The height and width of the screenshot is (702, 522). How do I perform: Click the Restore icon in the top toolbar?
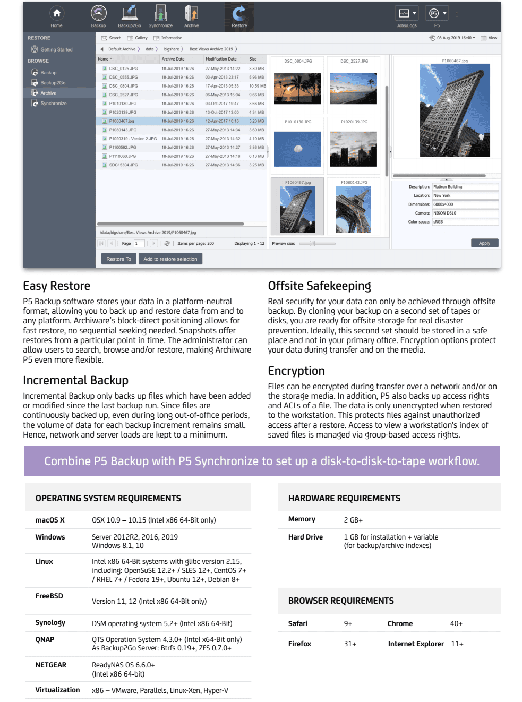pos(239,15)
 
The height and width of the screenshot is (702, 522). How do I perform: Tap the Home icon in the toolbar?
pos(57,15)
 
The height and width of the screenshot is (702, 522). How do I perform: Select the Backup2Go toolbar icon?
pos(130,15)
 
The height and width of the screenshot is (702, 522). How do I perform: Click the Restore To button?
pos(118,259)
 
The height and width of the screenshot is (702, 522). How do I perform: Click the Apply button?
pos(484,243)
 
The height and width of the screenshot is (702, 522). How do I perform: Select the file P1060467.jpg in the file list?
pos(122,121)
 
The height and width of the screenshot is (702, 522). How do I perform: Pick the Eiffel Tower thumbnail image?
pos(353,210)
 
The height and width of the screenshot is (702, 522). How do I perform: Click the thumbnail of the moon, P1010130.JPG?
pos(297,149)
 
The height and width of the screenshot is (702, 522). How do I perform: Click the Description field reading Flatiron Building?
pos(465,187)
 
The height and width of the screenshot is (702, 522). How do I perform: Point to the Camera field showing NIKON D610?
pos(465,213)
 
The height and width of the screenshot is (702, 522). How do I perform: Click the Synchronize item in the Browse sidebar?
pos(54,104)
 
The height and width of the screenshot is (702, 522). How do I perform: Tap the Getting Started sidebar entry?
pos(56,49)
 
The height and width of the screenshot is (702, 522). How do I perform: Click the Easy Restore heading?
pos(57,286)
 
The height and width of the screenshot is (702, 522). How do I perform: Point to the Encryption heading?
pos(296,371)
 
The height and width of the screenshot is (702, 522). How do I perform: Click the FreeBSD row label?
pos(49,596)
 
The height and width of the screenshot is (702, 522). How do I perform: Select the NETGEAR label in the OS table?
pos(51,665)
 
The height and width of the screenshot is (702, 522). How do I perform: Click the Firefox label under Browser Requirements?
pos(299,644)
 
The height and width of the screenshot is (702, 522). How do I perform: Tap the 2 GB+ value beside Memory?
pos(353,520)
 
